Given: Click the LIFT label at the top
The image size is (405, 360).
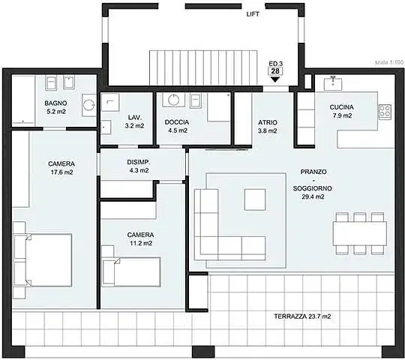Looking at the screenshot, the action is coord(253,14).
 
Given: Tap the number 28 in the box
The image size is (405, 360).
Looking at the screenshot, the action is coord(275,71).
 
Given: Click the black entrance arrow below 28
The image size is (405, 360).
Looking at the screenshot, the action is coord(275,79).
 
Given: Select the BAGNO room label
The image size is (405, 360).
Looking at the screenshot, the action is coord(55,103).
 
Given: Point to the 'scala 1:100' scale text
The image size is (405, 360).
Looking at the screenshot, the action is coord(389,62).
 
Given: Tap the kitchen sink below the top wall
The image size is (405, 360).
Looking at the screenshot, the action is coord(333,83).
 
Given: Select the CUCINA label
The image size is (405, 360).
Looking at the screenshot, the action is coord(342,107).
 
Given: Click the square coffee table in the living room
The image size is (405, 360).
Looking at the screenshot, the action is coord(255,199).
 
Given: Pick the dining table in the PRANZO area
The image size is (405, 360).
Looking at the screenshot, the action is coord(360,234).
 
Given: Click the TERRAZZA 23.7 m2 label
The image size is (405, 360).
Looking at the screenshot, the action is coord(302,316).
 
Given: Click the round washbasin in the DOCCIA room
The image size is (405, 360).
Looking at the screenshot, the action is coord(173,100).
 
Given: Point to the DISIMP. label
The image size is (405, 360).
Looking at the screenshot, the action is coord(139,162).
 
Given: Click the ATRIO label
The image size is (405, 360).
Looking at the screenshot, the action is coord(268,122).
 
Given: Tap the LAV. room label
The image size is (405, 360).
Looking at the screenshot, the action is coord(135,118).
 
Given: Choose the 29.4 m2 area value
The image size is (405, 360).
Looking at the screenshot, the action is coord(313,196).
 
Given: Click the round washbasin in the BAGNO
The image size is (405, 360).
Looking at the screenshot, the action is coord(89,105).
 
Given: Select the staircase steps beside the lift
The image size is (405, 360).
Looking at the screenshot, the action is coord(203,68).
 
